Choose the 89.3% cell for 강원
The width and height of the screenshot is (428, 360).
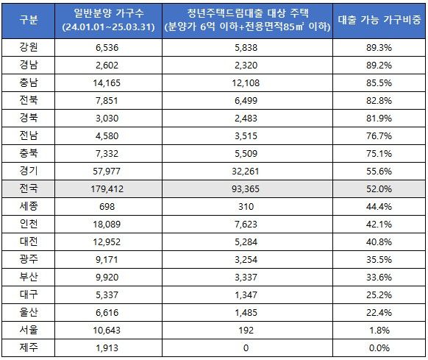click(380, 46)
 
